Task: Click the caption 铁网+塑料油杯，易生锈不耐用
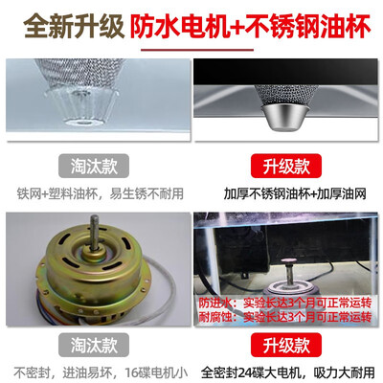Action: click(96, 191)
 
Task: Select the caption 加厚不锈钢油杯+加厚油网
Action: click(287, 191)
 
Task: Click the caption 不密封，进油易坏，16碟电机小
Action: click(96, 372)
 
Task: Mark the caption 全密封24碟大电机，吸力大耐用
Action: click(287, 372)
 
